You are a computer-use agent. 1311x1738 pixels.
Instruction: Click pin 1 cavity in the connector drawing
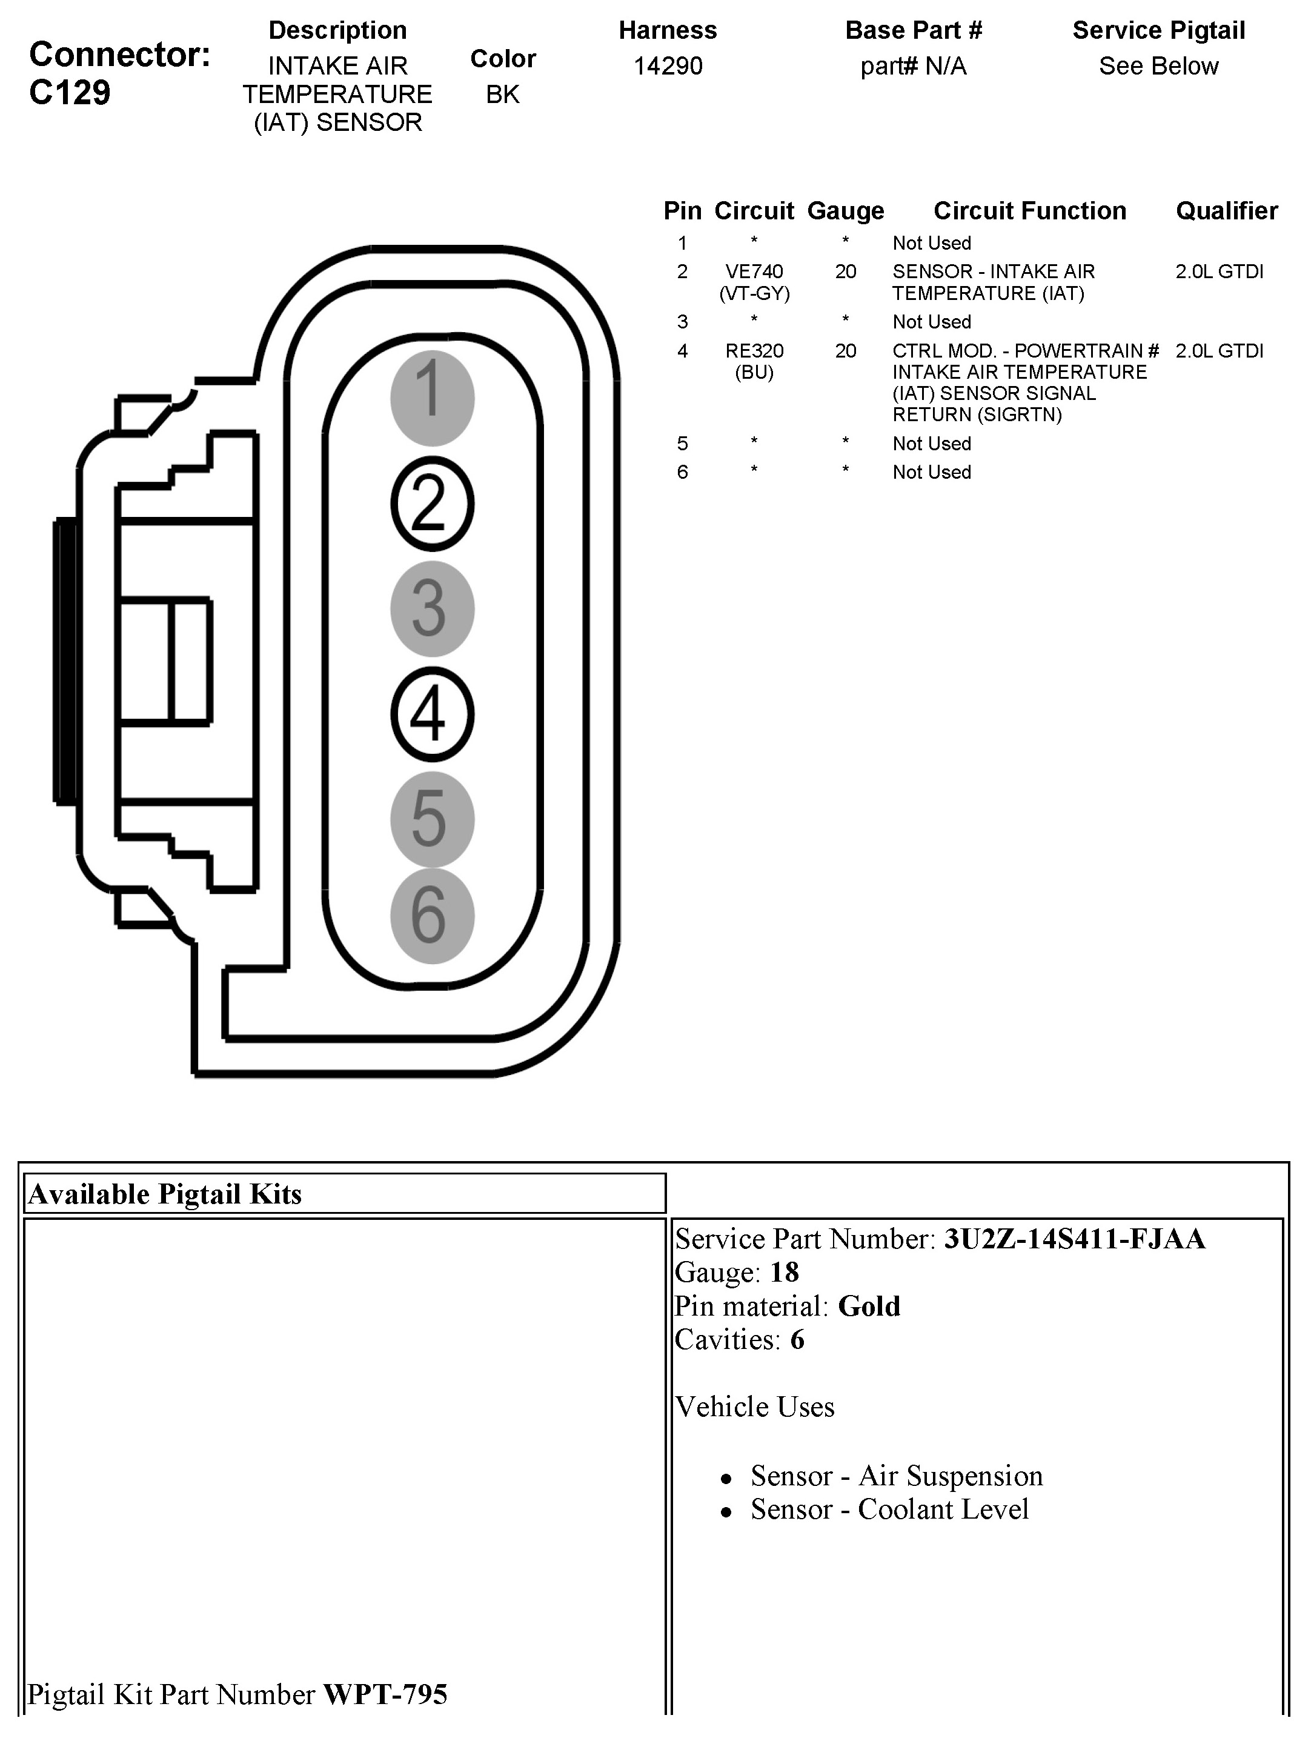pos(432,398)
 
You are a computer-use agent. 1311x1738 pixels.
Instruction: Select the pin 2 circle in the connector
pos(432,504)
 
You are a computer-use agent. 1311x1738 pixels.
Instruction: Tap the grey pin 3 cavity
pos(432,609)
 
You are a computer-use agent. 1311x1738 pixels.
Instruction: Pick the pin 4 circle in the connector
pos(432,714)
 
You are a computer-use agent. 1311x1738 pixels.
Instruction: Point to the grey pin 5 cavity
pos(432,819)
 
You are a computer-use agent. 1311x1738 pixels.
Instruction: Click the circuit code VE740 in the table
pos(754,272)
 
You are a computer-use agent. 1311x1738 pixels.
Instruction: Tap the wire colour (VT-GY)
pos(754,294)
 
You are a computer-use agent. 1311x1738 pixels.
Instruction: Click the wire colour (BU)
pos(754,373)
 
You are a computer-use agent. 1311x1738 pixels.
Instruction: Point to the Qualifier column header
pos(1226,210)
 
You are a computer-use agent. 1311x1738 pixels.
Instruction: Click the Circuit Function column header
pos(1029,210)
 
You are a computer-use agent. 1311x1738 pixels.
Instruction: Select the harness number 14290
pos(668,66)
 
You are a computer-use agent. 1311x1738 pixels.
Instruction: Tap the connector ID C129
pos(70,93)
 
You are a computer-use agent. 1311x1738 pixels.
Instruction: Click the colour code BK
pos(503,95)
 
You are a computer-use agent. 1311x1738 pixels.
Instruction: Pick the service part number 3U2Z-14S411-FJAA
pos(1074,1239)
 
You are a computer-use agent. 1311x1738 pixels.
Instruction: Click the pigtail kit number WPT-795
pos(385,1695)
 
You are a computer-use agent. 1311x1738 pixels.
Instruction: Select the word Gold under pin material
pos(869,1306)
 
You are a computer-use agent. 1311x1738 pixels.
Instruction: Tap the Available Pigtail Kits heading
pos(165,1194)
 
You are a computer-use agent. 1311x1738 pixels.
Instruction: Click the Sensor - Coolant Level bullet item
pos(889,1510)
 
